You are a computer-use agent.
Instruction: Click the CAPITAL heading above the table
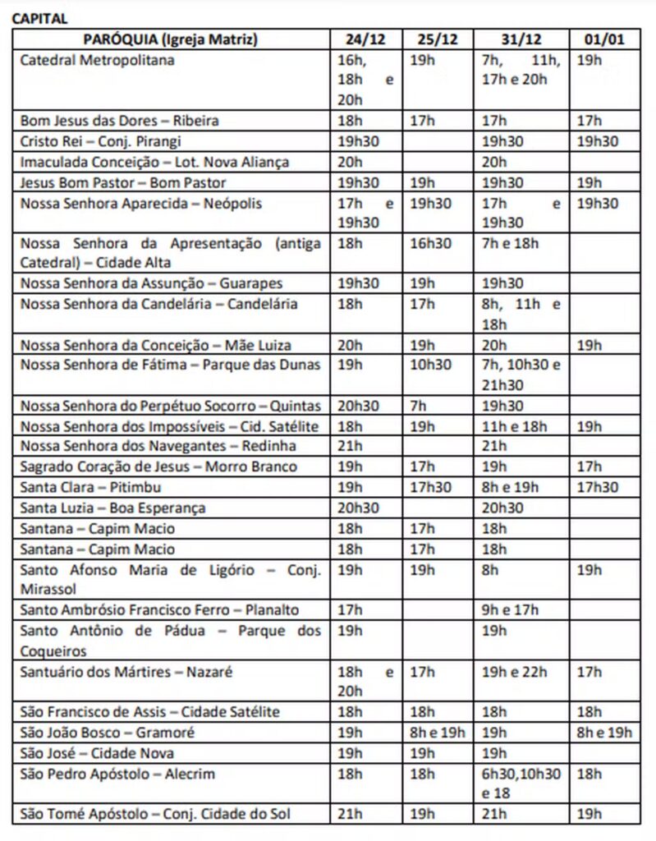point(39,18)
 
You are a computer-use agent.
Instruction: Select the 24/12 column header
point(365,39)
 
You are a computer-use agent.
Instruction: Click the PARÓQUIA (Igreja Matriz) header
point(171,39)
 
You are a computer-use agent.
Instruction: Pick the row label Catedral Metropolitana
point(97,60)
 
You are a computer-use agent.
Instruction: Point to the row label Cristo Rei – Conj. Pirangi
point(100,141)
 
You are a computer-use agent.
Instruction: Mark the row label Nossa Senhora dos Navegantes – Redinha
point(158,446)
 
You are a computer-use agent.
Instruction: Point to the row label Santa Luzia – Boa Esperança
point(112,508)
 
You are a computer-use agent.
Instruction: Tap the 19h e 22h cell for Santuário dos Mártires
point(515,672)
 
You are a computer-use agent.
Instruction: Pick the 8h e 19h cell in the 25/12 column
point(438,733)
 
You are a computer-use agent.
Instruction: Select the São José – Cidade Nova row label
point(97,753)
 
